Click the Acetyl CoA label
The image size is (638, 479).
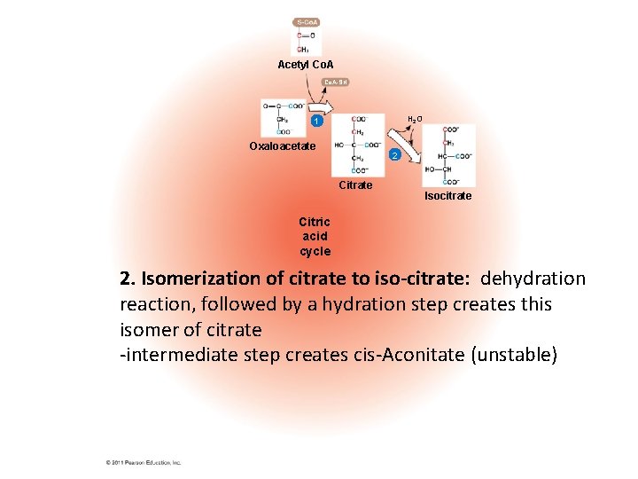coord(306,65)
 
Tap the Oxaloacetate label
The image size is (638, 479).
coord(282,145)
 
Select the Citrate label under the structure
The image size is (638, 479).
coord(356,185)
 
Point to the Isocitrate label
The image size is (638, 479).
coord(447,195)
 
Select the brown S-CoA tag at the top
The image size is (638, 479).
coord(307,21)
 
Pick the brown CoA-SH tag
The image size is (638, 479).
coord(336,82)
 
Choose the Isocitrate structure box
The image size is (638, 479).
coord(448,154)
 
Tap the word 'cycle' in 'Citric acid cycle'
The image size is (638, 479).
coord(315,252)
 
